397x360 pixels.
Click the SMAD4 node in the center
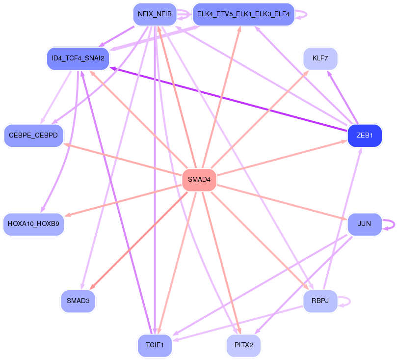(x=199, y=180)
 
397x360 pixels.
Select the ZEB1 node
(x=365, y=135)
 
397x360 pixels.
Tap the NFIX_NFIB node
(x=155, y=14)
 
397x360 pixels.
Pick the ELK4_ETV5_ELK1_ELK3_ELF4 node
(x=243, y=14)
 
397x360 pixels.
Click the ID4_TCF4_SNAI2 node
(x=78, y=58)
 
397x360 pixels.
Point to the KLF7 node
(x=320, y=58)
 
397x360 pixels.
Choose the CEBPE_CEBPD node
(x=33, y=135)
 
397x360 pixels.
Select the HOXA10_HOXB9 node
(x=33, y=224)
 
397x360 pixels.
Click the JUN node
(x=364, y=224)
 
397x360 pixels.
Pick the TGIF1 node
(x=155, y=345)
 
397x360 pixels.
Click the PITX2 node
(x=243, y=345)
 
